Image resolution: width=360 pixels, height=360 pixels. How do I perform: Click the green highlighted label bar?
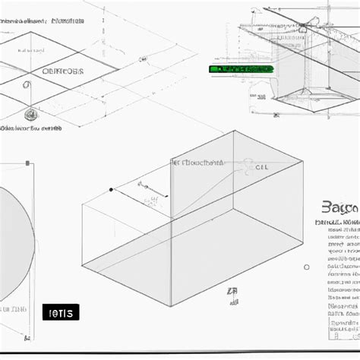[240, 68]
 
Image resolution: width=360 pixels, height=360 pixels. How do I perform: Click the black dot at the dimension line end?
[112, 189]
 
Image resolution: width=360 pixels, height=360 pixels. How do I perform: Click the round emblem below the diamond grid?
[30, 115]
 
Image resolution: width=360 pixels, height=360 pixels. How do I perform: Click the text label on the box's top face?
[197, 162]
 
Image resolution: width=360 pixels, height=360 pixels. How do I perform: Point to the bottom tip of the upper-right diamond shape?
[304, 111]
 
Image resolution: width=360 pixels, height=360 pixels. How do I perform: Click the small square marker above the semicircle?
[28, 163]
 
